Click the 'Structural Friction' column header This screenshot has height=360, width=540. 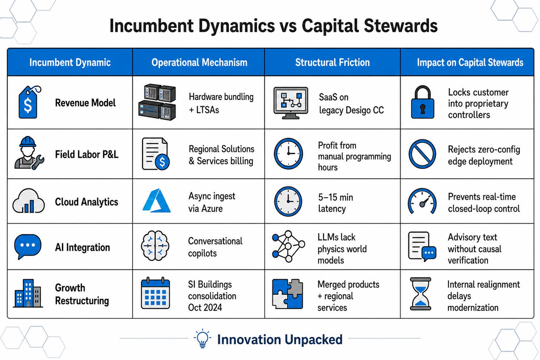pyautogui.click(x=332, y=62)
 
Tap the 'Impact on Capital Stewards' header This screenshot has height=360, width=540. pyautogui.click(x=470, y=62)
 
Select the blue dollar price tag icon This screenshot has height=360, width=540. pyautogui.click(x=29, y=102)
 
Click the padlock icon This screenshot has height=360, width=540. pyautogui.click(x=422, y=102)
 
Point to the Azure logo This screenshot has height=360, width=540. pyautogui.click(x=157, y=201)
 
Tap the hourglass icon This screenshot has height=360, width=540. pyautogui.click(x=421, y=294)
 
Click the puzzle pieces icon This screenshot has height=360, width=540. pyautogui.click(x=287, y=294)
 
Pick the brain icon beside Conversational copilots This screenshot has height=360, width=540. pyautogui.click(x=155, y=246)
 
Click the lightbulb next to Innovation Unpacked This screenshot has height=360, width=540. pyautogui.click(x=202, y=338)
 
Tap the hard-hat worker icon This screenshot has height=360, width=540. pyautogui.click(x=29, y=153)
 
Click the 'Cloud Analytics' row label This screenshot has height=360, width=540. pyautogui.click(x=86, y=202)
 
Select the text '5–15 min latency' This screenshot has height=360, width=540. pyautogui.click(x=336, y=203)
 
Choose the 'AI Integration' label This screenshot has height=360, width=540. pyautogui.click(x=82, y=247)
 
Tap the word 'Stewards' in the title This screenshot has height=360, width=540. pyautogui.click(x=401, y=26)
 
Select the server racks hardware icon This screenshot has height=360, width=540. pyautogui.click(x=157, y=102)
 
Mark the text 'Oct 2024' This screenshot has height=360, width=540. pyautogui.click(x=205, y=307)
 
